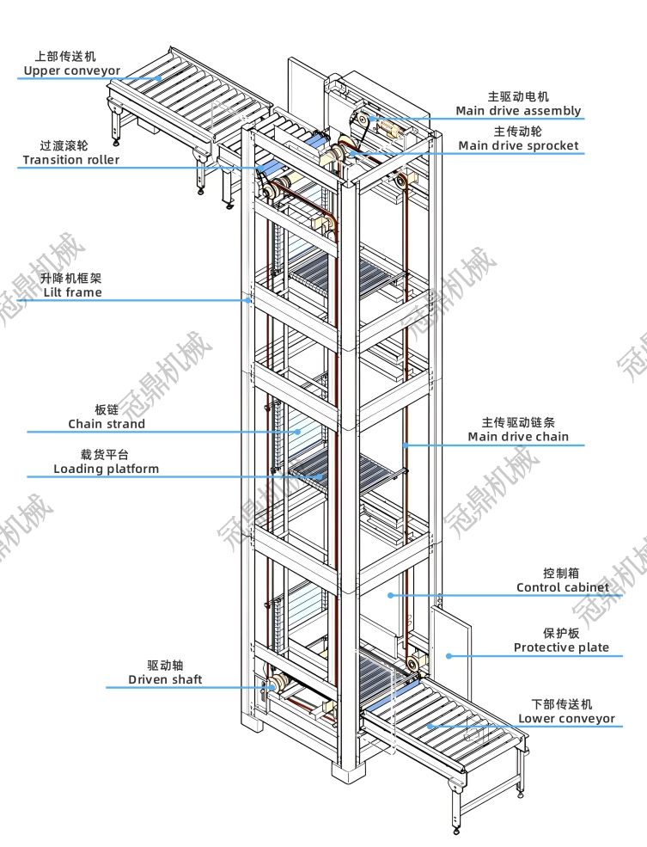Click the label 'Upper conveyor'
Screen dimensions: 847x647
click(72, 71)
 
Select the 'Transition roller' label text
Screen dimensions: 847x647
click(71, 160)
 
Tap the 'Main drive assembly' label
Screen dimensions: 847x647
click(518, 111)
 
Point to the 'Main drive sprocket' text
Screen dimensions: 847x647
click(518, 146)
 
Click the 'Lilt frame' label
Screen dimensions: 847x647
click(72, 292)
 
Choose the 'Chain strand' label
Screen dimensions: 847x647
click(107, 424)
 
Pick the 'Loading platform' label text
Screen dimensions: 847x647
click(106, 469)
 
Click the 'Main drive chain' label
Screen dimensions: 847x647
click(518, 437)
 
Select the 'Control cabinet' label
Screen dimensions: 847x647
click(562, 587)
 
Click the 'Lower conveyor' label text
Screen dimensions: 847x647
click(566, 719)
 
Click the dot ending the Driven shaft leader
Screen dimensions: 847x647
click(260, 687)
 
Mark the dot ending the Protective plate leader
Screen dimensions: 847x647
click(448, 656)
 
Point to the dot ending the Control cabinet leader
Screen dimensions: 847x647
click(390, 595)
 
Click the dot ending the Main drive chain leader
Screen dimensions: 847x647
click(406, 445)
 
